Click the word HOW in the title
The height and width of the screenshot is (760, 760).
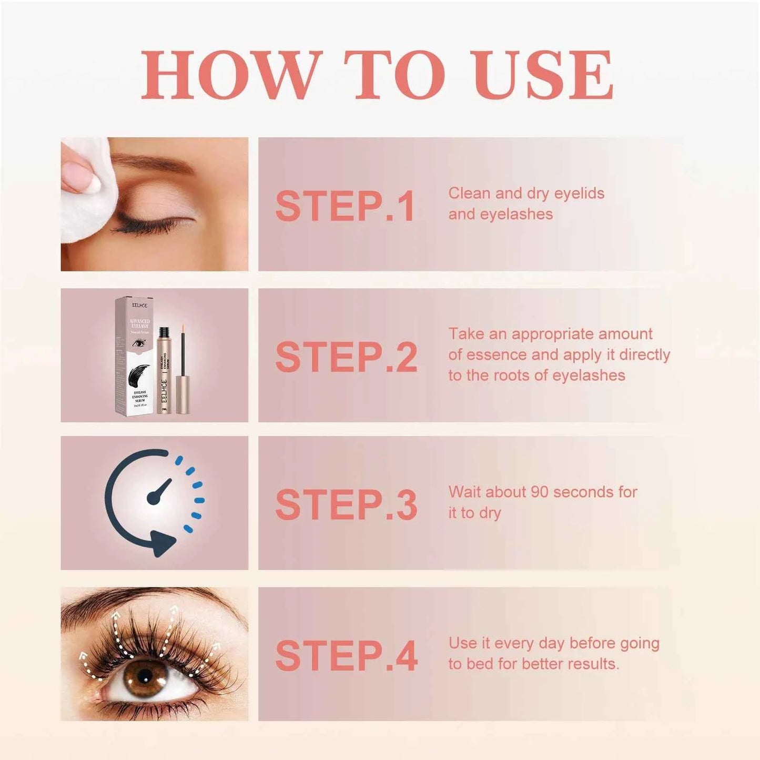coord(231,75)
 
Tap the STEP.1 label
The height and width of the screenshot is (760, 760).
coord(346,206)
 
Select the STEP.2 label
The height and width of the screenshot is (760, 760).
coord(346,357)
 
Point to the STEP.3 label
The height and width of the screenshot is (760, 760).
coord(346,505)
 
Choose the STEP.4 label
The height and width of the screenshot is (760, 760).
coord(346,656)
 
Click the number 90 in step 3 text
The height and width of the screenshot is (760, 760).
coord(540,492)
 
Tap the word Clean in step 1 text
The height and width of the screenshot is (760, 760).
coord(469,194)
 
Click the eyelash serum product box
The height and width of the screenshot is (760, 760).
coord(135,355)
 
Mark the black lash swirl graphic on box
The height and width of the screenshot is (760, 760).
coord(138,376)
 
